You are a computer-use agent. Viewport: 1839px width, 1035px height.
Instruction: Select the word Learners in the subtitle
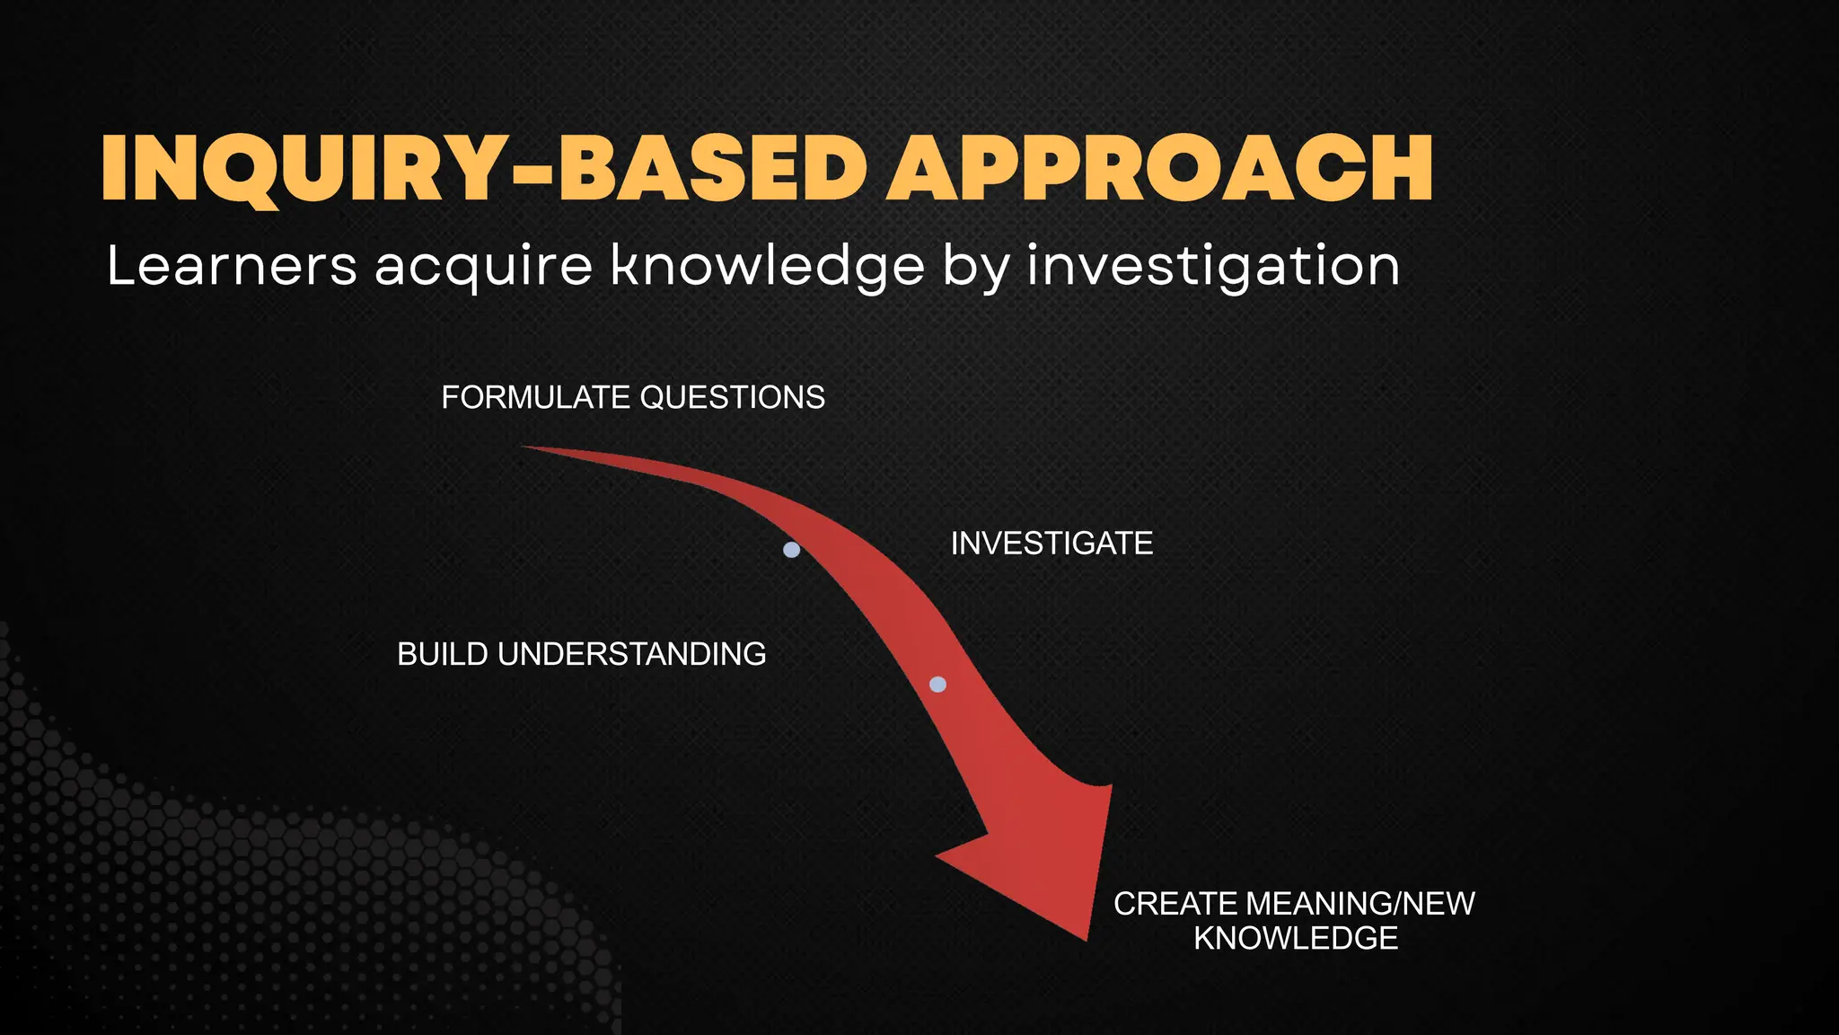coord(232,266)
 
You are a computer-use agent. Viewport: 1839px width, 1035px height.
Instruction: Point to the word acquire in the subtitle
coord(483,268)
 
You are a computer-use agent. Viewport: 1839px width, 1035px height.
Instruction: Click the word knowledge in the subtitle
coord(768,268)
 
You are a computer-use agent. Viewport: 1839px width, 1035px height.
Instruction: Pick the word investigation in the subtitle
coord(1213,268)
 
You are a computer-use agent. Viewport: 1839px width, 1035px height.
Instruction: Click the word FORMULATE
coord(535,398)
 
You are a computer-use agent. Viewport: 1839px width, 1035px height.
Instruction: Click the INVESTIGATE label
coord(1051,544)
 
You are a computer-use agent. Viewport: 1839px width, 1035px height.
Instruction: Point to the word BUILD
coord(443,654)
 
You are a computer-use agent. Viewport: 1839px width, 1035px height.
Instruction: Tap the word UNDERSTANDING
coord(632,654)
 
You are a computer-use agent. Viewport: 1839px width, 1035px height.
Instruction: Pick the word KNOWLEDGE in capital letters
coord(1296,939)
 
